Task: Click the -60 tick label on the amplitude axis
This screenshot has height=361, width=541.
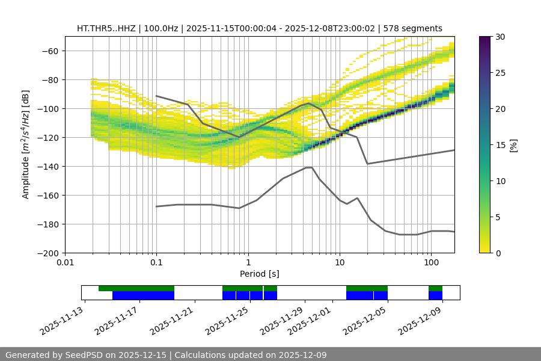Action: (49, 51)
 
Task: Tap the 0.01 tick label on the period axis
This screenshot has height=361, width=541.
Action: (65, 262)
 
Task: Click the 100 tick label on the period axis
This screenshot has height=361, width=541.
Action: (430, 262)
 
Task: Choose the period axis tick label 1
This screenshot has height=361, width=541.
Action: (248, 262)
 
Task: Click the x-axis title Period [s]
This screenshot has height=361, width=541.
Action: (259, 274)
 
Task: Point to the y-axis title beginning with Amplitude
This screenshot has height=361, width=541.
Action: (26, 145)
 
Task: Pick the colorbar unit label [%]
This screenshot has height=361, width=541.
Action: (514, 145)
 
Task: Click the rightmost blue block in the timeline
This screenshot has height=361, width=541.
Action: (435, 295)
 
